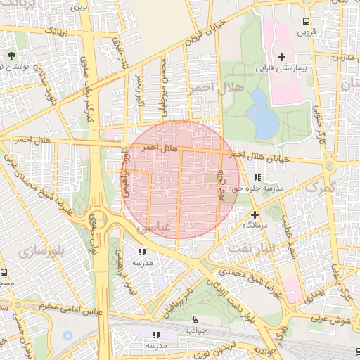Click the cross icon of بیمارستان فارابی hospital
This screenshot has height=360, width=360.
click(x=282, y=56)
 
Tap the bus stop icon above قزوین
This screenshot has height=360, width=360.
click(x=305, y=22)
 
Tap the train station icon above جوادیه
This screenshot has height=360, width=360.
click(x=195, y=318)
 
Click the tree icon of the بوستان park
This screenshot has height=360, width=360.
click(x=11, y=55)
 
